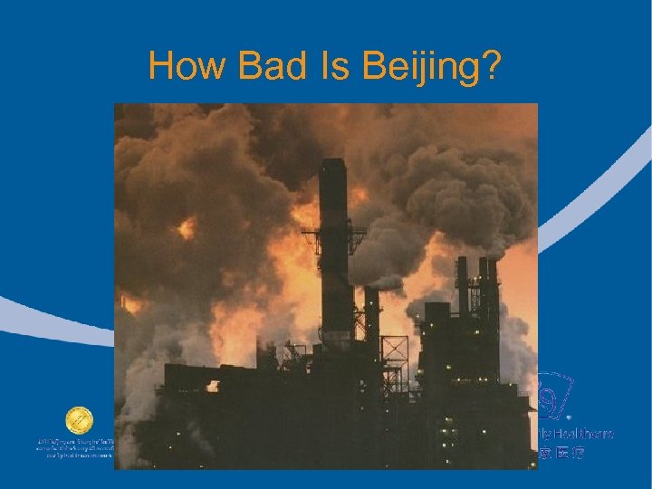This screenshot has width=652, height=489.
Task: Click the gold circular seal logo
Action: pos(78,421)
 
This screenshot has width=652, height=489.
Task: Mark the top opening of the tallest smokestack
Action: pos(333,164)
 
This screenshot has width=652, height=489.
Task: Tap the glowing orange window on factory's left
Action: pos(212,387)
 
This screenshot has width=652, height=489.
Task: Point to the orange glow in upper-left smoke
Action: pos(187,227)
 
